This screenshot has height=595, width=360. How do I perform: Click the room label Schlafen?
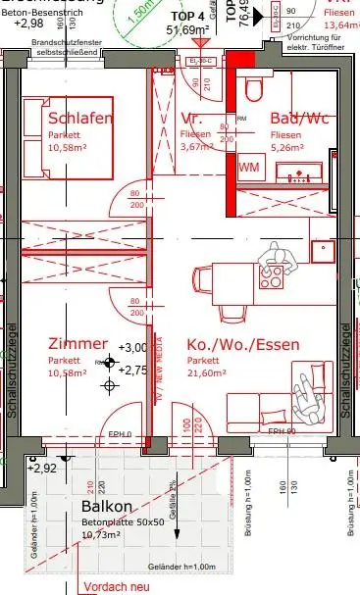pos(80,119)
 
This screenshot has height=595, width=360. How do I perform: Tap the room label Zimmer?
pos(77,343)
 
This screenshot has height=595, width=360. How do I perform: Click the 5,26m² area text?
pos(288,150)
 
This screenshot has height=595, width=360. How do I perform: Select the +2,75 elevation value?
pos(133,370)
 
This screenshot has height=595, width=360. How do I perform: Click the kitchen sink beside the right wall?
pos(323,250)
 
